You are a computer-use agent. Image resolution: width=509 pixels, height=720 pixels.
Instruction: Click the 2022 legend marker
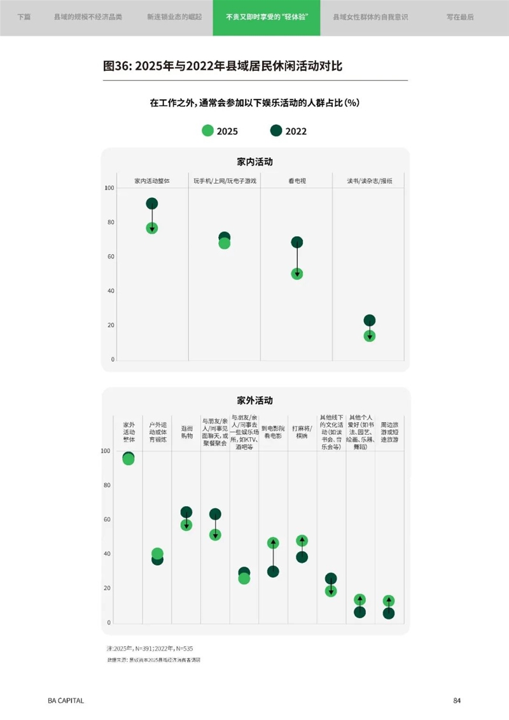tap(276, 131)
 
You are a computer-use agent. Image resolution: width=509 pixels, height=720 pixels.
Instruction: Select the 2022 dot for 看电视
tap(297, 243)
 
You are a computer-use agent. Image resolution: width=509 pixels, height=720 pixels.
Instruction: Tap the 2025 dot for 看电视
tap(297, 274)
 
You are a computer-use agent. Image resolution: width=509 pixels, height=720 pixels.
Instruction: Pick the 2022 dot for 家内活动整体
tap(152, 204)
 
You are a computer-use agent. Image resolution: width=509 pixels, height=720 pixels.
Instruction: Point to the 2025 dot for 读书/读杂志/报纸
tap(370, 335)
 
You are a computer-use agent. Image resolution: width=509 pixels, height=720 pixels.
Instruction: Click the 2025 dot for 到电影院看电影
tap(273, 543)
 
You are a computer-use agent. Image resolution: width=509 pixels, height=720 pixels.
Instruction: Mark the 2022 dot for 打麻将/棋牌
tap(302, 557)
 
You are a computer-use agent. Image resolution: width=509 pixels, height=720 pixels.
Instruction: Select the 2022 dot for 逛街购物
tap(186, 512)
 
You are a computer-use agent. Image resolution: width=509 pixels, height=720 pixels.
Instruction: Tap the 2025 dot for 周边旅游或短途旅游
tap(389, 601)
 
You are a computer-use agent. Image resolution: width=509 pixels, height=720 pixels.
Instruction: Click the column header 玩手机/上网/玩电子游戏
tap(225, 181)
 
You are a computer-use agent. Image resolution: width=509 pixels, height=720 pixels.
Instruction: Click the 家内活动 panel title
tap(254, 162)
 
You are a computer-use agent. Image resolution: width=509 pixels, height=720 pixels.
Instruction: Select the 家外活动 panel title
tap(254, 401)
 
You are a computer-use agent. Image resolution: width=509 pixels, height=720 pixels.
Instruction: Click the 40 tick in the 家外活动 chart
tap(107, 554)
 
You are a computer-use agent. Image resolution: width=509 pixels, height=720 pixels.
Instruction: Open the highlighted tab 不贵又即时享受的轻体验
tap(267, 18)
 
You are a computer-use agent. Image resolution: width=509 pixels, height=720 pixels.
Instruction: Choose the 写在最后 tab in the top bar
tap(461, 18)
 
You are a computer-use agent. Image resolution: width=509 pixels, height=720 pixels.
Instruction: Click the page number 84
tap(457, 701)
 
